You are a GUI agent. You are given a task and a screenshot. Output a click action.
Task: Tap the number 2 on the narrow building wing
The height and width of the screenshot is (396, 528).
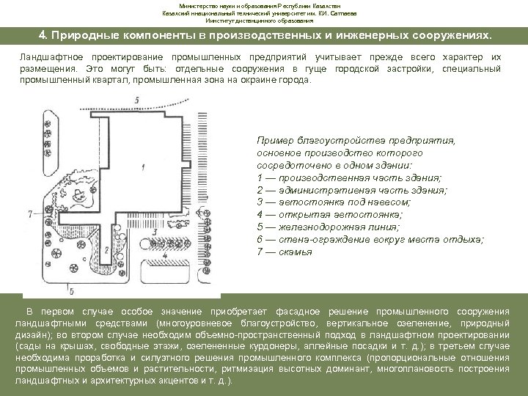pos(107,249)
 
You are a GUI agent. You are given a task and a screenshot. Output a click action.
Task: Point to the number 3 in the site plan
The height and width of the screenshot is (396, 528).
pos(155,232)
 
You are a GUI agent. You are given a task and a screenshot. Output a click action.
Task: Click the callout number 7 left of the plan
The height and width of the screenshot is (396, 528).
pos(29,213)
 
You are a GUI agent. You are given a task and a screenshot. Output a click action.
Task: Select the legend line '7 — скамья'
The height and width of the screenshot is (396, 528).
pos(285,252)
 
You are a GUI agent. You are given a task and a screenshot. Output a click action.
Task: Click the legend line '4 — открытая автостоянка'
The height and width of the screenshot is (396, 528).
pos(329,214)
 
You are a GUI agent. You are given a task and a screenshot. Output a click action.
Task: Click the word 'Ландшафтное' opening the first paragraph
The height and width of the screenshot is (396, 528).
pos(48,56)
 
